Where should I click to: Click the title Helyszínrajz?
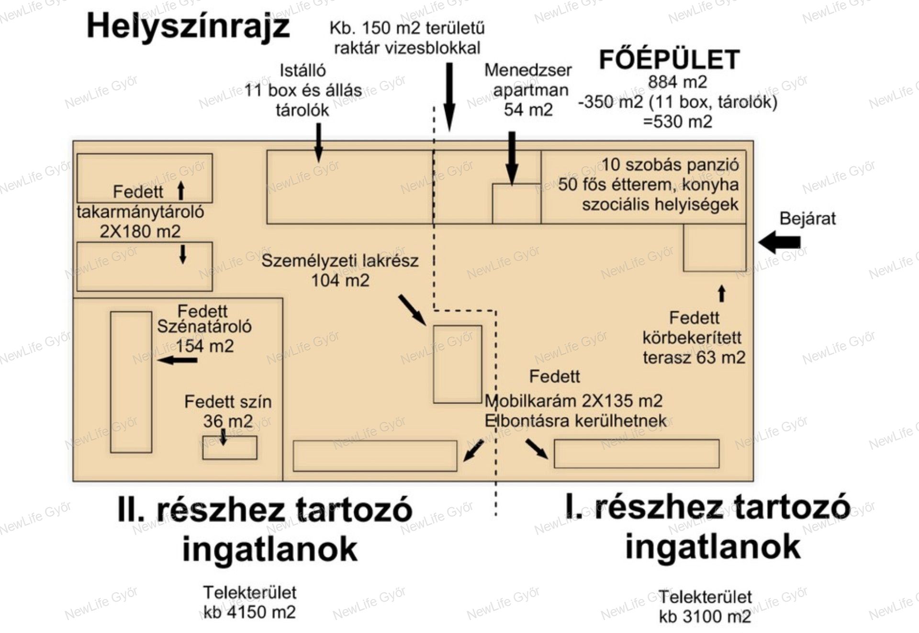click(x=188, y=27)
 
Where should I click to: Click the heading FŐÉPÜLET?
click(x=669, y=60)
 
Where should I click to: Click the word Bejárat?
click(x=807, y=218)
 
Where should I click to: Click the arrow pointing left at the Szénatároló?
click(x=177, y=360)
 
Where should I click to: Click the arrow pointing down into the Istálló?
click(x=318, y=142)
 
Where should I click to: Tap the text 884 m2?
click(x=677, y=82)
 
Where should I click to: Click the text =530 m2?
click(x=677, y=122)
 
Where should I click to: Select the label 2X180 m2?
click(x=140, y=232)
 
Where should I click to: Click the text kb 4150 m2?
click(x=249, y=612)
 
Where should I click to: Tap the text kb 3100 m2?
click(x=705, y=616)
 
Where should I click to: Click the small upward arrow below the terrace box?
click(x=722, y=294)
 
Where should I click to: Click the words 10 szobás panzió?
click(x=670, y=165)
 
